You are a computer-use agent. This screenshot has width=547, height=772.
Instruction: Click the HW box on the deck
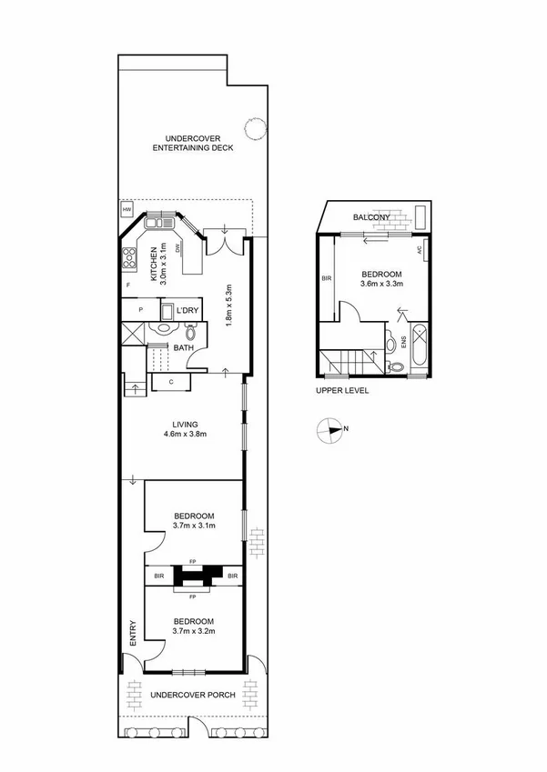[x=126, y=210]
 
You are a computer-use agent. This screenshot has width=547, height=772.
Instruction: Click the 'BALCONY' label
[x=371, y=217]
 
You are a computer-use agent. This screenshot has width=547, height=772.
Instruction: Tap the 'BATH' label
[x=184, y=347]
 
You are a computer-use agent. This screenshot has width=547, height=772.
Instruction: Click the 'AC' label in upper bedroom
[x=419, y=249]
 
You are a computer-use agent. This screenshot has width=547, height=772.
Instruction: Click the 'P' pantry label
[x=141, y=310]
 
